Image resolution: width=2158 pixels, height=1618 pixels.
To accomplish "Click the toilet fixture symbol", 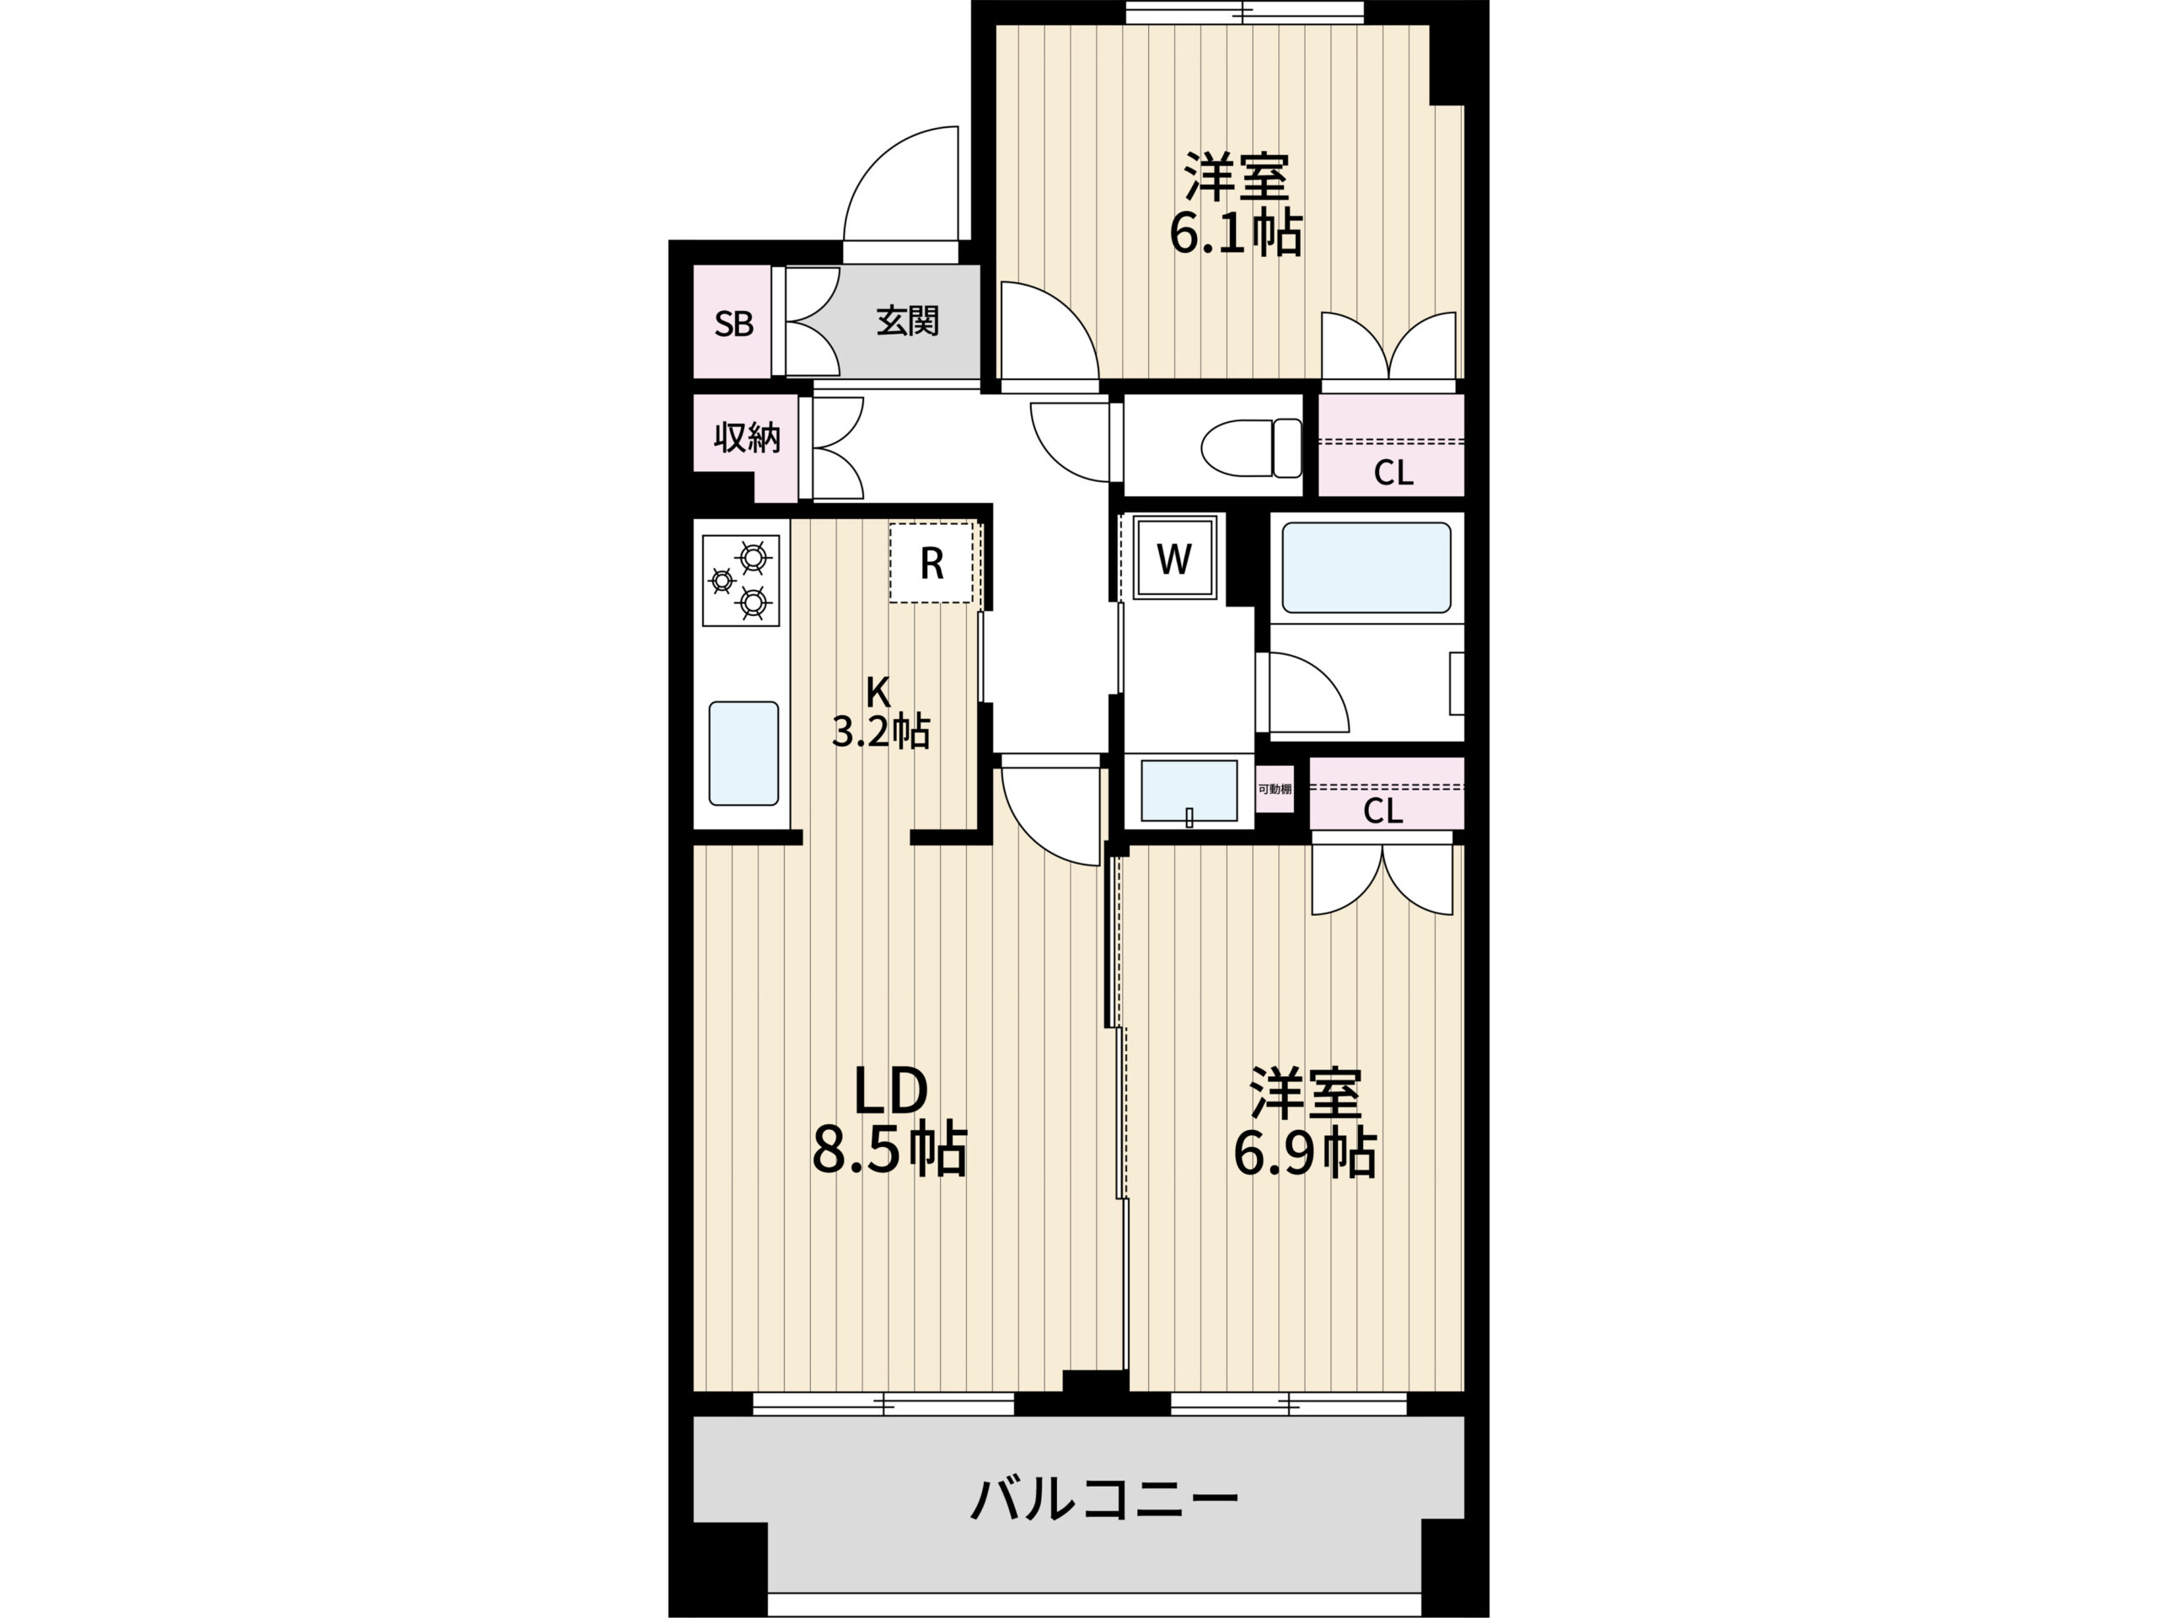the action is (1252, 447).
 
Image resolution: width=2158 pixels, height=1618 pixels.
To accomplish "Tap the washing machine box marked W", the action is (1173, 559).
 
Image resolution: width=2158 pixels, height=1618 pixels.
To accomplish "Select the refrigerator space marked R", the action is (932, 563).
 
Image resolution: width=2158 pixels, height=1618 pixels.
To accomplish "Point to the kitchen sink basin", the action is (743, 753).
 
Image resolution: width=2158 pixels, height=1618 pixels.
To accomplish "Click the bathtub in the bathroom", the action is (1366, 568).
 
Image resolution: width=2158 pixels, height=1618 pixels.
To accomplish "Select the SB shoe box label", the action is (733, 323).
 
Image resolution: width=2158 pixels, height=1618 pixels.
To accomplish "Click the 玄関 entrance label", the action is (907, 320).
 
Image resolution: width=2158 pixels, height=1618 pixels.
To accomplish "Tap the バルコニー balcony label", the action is (1104, 1499).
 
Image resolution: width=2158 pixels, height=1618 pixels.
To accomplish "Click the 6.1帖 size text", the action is (1235, 233).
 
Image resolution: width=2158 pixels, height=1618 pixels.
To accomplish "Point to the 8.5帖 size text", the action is (888, 1151).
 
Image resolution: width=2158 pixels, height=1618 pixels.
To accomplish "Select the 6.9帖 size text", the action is (1305, 1154).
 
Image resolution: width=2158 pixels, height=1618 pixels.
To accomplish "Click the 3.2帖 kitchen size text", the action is (880, 731).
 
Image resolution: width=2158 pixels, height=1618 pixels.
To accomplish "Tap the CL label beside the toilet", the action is (1393, 473).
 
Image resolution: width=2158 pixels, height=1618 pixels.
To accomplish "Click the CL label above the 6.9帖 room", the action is (1382, 810).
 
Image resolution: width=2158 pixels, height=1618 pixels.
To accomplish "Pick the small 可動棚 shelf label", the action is (1274, 789).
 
